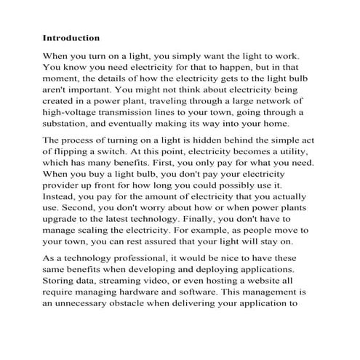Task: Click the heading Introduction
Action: coord(71,37)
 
